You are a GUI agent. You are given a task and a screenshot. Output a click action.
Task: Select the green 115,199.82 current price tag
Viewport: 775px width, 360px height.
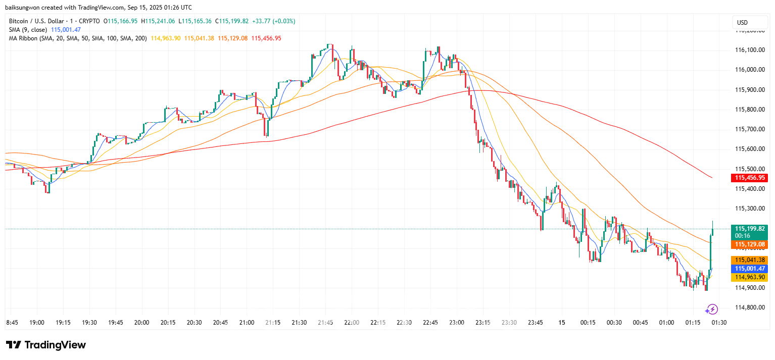[749, 228]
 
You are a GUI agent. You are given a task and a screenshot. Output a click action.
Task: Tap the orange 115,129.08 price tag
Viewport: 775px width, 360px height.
[749, 244]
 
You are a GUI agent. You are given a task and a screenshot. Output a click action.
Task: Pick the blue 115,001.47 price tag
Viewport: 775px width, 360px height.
[749, 269]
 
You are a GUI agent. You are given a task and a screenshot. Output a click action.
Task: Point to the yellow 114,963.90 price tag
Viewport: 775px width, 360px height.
[749, 277]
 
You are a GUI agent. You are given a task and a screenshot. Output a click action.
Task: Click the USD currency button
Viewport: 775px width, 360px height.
[742, 23]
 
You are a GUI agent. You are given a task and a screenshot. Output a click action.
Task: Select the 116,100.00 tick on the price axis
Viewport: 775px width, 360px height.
[750, 50]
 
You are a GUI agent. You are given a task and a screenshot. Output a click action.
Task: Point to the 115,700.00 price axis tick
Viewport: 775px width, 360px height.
[750, 129]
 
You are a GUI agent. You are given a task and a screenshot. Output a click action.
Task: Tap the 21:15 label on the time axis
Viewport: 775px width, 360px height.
[273, 323]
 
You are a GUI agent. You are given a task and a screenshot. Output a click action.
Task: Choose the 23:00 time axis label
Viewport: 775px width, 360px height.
[457, 323]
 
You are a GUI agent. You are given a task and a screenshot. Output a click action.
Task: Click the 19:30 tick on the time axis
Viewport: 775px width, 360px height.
[89, 323]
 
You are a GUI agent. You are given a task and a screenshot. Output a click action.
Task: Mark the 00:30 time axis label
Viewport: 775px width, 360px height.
[614, 323]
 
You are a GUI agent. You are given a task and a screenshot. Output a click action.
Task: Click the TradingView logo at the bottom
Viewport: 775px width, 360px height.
[46, 345]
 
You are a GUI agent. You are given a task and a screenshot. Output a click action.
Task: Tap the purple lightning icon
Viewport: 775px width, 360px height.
[712, 309]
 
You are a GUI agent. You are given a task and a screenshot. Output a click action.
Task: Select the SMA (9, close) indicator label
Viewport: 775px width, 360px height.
[28, 30]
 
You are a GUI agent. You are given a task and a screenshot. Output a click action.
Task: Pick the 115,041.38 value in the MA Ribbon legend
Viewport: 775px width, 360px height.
[199, 38]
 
